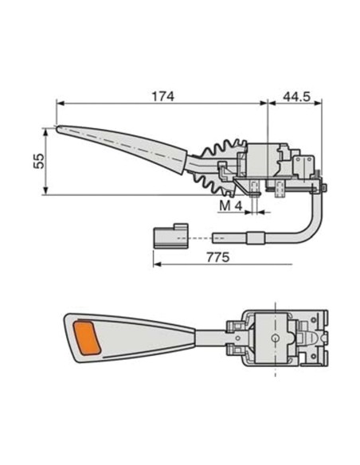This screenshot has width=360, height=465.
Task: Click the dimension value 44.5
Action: pyautogui.click(x=295, y=96)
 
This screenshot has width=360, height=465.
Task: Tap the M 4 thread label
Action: pyautogui.click(x=229, y=206)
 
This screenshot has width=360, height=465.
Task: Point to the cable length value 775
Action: pyautogui.click(x=217, y=257)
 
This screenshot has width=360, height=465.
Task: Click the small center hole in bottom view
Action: pyautogui.click(x=275, y=338)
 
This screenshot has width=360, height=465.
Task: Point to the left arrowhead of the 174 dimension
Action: pyautogui.click(x=60, y=103)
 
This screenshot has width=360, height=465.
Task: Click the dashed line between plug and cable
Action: pyautogui.click(x=199, y=237)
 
